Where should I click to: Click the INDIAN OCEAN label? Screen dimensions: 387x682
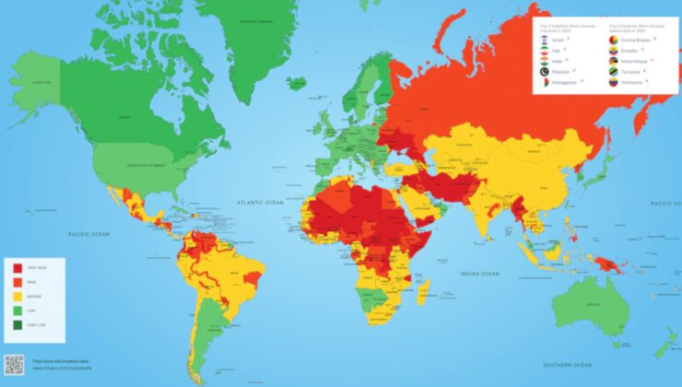point(479,274)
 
